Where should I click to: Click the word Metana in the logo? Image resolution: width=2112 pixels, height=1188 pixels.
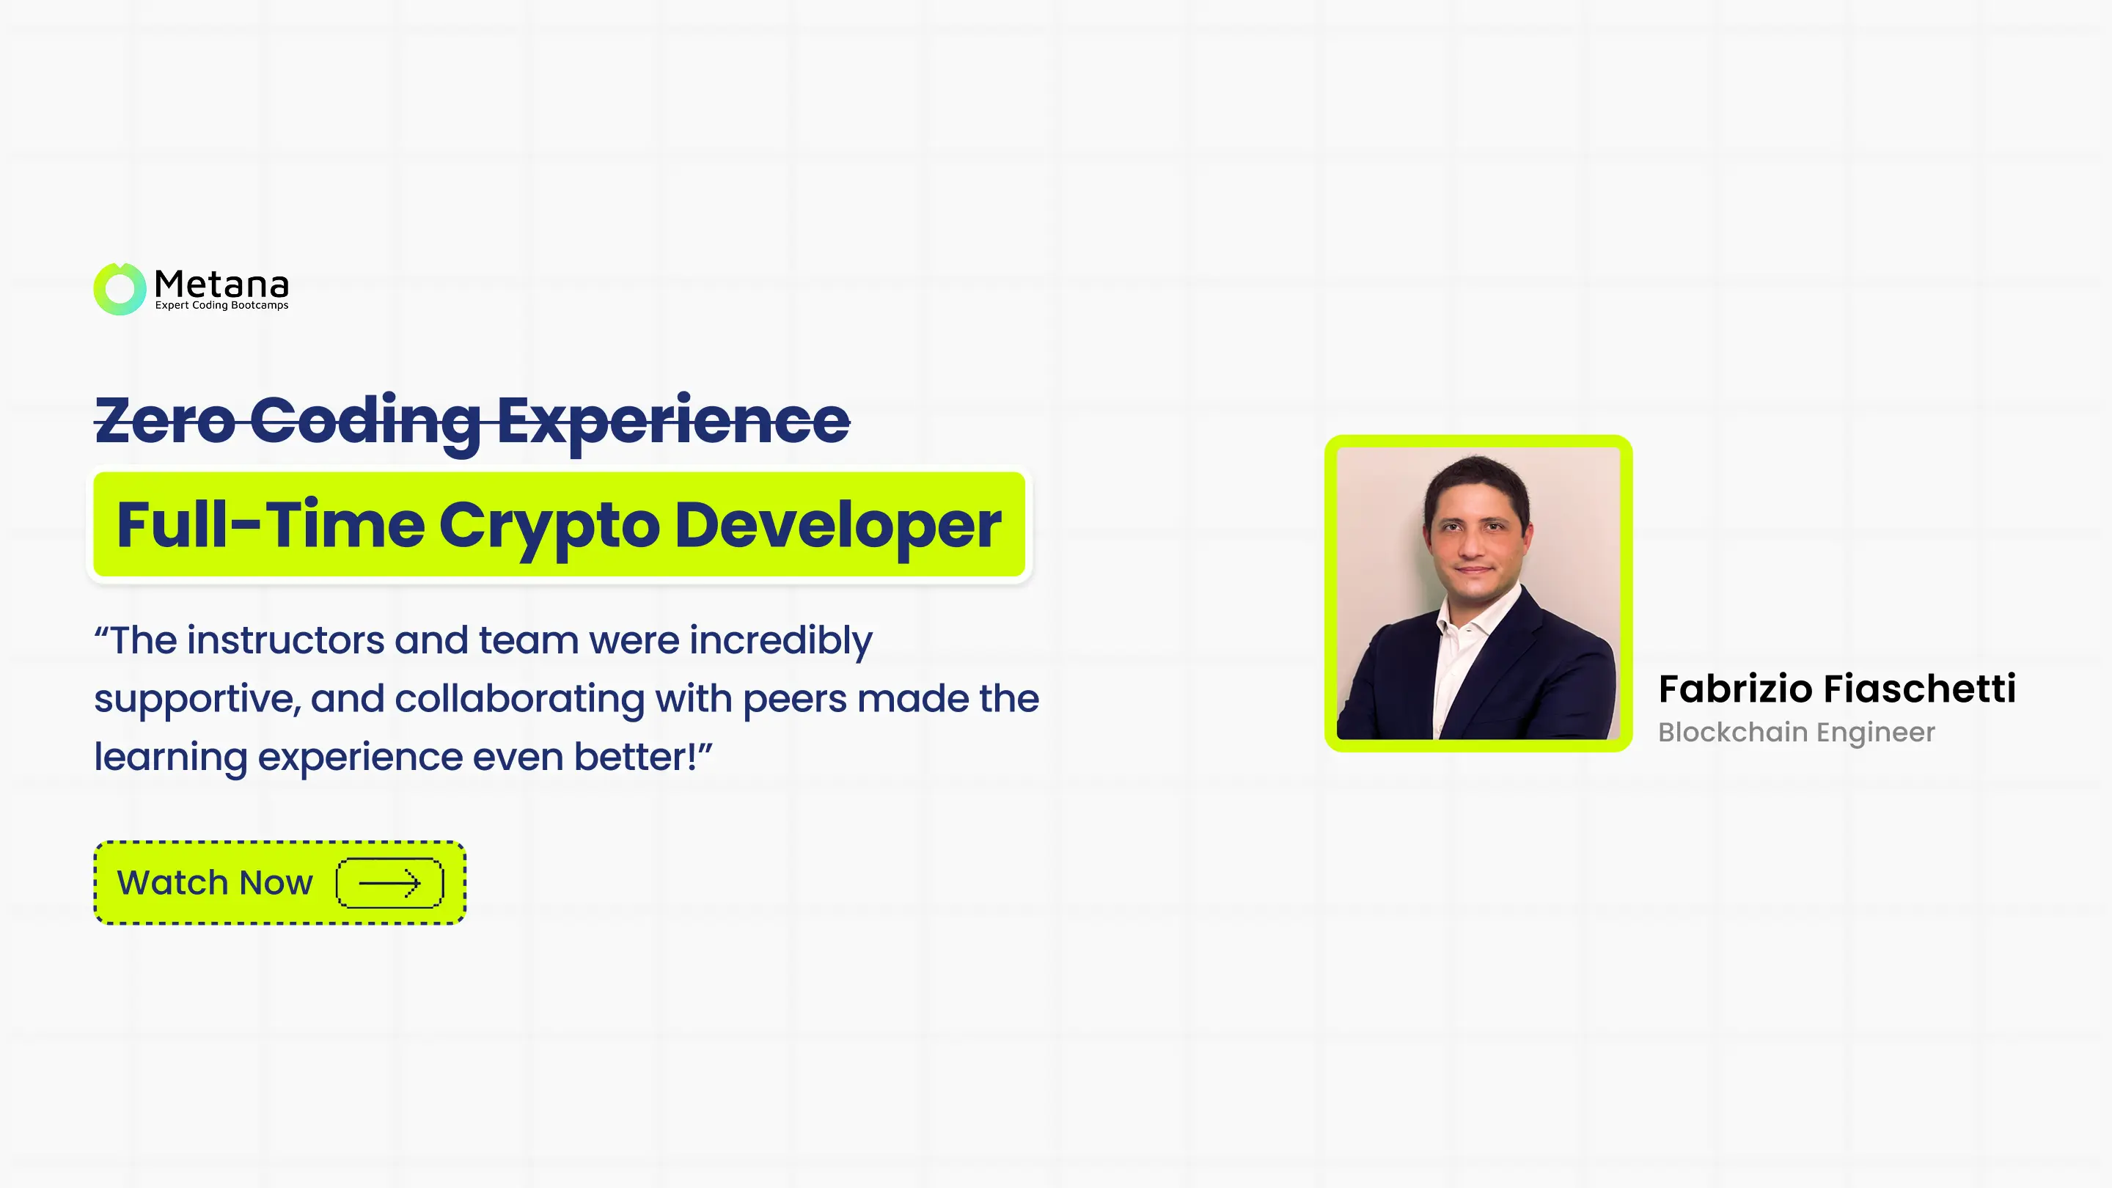point(221,285)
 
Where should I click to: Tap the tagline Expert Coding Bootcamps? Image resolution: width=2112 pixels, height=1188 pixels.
point(221,306)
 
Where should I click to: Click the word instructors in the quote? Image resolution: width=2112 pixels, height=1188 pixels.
point(285,639)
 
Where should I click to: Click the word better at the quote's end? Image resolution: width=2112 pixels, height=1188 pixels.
point(634,757)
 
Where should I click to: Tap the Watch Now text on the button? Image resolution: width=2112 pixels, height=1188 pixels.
point(215,883)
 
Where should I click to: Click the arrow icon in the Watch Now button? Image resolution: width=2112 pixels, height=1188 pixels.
point(389,883)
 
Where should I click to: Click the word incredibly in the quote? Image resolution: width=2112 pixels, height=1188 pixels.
point(780,641)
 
